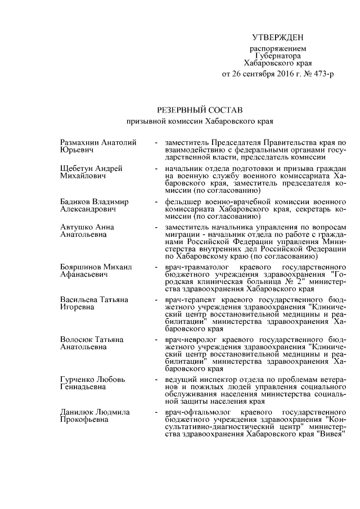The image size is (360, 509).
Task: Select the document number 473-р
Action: click(x=321, y=74)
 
